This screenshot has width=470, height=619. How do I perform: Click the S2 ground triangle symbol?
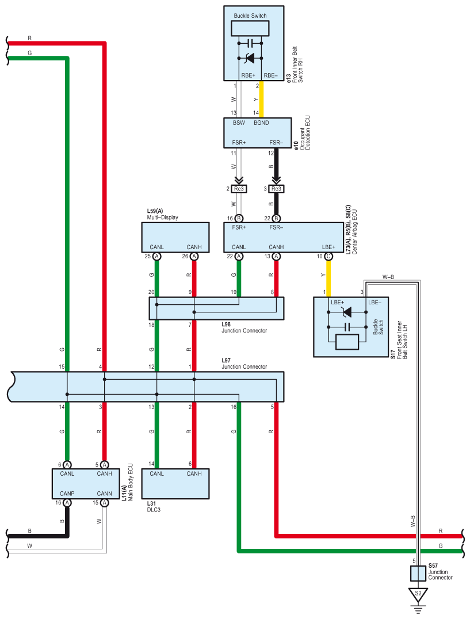coord(418,593)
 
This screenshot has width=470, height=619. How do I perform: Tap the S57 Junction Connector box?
coord(418,573)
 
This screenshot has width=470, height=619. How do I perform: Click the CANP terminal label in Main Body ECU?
coord(67,494)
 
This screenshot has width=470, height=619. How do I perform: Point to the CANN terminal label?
coord(104,494)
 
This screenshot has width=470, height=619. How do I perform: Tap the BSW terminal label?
coord(239,123)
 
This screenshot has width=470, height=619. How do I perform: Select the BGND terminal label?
coord(262,123)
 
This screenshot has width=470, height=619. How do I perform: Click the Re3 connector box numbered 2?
coord(239,189)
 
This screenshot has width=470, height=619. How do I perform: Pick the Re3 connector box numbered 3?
coord(276,189)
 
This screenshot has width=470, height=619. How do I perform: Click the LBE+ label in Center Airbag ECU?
coord(328,247)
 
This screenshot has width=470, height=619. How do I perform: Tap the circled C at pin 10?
coord(328,257)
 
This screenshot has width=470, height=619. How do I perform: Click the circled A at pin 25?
coord(156,257)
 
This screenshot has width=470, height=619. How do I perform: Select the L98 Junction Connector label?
coord(244,328)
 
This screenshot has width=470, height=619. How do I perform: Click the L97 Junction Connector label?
coord(244,364)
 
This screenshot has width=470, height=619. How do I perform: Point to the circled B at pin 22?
coord(276,219)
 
